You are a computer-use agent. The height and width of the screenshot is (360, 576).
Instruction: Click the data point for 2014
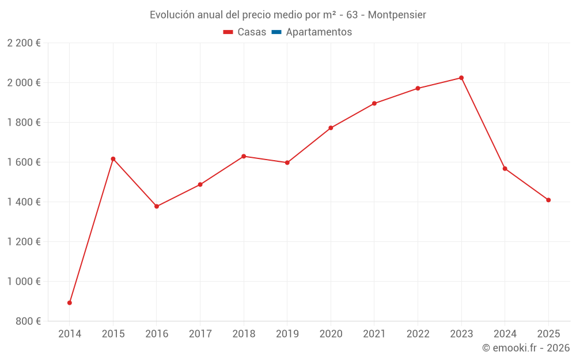[70, 302]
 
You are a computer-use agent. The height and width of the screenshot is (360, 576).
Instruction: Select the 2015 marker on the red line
[113, 159]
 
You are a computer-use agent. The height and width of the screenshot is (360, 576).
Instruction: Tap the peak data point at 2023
[461, 78]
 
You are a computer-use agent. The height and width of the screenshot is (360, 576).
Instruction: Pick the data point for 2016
[157, 206]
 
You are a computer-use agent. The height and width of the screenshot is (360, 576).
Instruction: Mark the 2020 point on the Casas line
[331, 128]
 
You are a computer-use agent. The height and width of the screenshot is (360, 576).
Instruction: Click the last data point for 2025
[548, 200]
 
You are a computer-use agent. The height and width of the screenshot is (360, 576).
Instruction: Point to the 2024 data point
[505, 169]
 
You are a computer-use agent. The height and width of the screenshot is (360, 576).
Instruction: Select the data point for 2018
[244, 156]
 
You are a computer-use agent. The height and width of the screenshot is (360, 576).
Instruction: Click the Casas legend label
[252, 32]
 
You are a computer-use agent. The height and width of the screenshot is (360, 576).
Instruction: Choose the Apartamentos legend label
[319, 32]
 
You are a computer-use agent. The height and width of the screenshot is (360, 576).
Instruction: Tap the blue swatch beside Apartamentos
[276, 32]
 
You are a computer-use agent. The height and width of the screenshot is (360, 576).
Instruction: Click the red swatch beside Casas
[228, 32]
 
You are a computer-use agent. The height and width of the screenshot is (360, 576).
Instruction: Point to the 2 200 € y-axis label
[24, 43]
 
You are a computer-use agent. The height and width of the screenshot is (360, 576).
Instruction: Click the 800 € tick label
[27, 321]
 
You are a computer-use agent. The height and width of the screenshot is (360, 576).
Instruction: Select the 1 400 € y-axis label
[24, 202]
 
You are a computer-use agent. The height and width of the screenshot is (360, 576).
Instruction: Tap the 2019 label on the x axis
[287, 334]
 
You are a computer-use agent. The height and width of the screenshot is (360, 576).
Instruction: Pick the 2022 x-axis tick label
[418, 334]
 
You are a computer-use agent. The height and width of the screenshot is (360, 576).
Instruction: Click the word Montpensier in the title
[397, 15]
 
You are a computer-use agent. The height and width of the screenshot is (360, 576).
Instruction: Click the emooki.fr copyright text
[525, 348]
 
